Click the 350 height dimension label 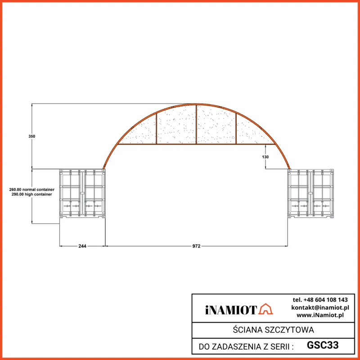coord(31,136)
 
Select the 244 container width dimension coord(82,246)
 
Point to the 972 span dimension coord(196,246)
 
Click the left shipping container coord(82,193)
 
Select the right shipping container coord(310,193)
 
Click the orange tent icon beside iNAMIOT coord(266,309)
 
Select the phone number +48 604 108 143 coord(320,300)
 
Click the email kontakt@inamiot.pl coord(320,307)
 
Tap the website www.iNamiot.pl coord(320,315)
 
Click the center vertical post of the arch coord(196,124)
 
